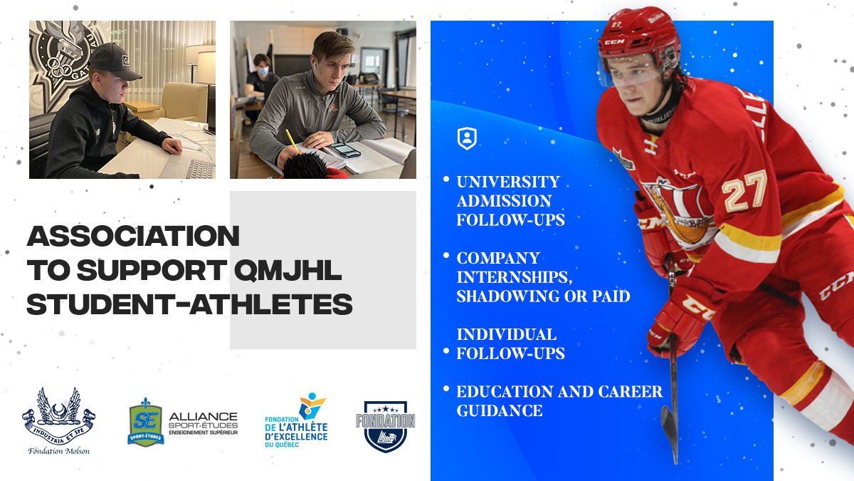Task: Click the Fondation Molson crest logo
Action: (58, 420)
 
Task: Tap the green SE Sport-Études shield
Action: (146, 422)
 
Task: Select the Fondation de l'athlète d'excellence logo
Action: (297, 420)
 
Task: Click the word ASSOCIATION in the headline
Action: (133, 236)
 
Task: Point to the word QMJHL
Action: (288, 270)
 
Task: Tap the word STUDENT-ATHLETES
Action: (189, 304)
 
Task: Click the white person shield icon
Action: (467, 138)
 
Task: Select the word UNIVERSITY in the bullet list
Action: (508, 182)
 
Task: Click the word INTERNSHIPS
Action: (515, 277)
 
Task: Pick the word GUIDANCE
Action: (500, 410)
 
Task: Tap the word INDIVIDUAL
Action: (506, 334)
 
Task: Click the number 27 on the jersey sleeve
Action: (744, 191)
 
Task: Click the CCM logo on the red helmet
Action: (615, 41)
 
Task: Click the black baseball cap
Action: (115, 61)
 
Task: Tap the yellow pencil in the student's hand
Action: (291, 140)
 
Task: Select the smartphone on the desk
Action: (345, 150)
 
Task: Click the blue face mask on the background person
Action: (263, 71)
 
